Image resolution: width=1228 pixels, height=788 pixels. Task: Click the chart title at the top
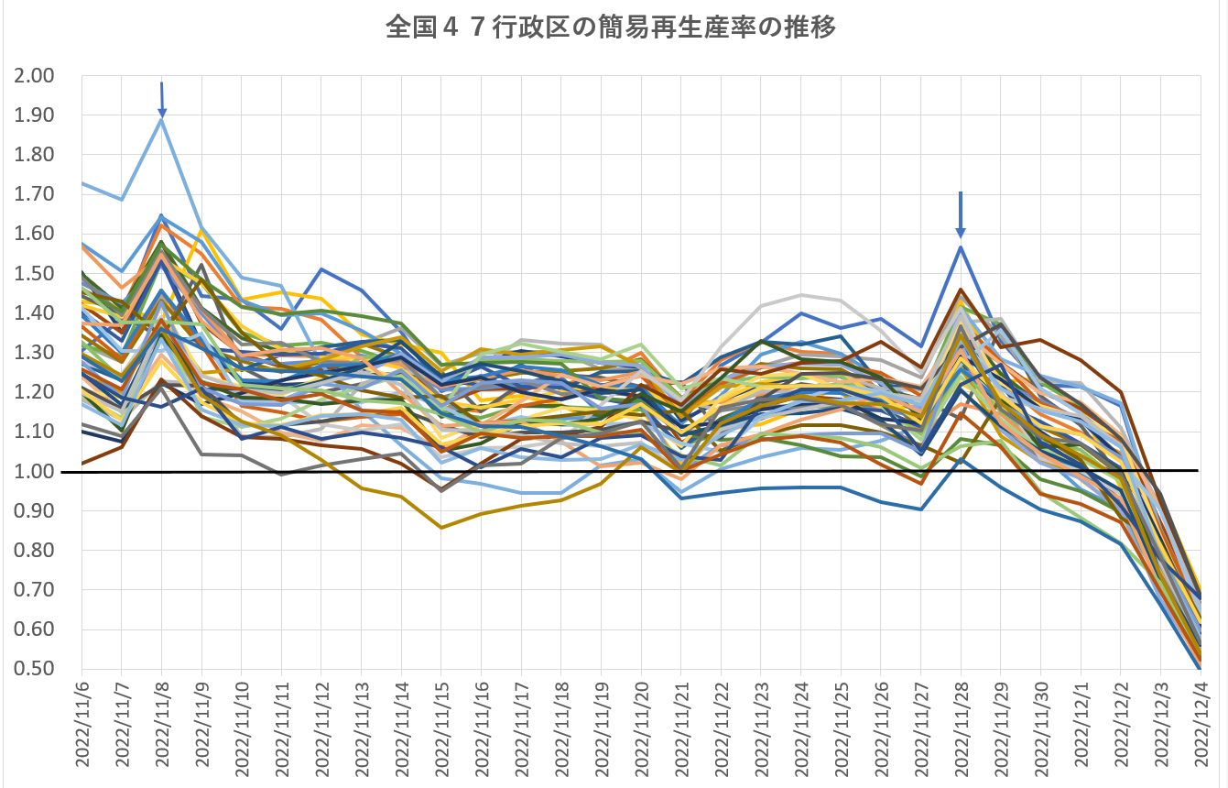pyautogui.click(x=611, y=28)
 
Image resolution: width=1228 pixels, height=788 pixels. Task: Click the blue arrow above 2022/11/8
pyautogui.click(x=162, y=99)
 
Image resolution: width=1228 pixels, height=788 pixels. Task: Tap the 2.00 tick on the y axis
pyautogui.click(x=35, y=76)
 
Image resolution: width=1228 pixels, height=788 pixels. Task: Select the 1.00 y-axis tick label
pyautogui.click(x=35, y=471)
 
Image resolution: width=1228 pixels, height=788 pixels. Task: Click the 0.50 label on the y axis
pyautogui.click(x=35, y=668)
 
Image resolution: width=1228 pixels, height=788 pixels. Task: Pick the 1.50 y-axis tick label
pyautogui.click(x=35, y=273)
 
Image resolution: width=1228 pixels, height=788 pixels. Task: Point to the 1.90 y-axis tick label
pyautogui.click(x=35, y=115)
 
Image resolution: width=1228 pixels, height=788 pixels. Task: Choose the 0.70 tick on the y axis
pyautogui.click(x=35, y=589)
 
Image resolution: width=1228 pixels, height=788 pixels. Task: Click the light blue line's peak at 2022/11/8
pyautogui.click(x=162, y=120)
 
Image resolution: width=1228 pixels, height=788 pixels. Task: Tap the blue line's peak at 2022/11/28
pyautogui.click(x=961, y=246)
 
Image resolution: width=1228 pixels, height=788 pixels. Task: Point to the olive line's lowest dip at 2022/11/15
pyautogui.click(x=441, y=528)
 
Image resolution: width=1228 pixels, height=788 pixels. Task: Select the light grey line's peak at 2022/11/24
pyautogui.click(x=802, y=295)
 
